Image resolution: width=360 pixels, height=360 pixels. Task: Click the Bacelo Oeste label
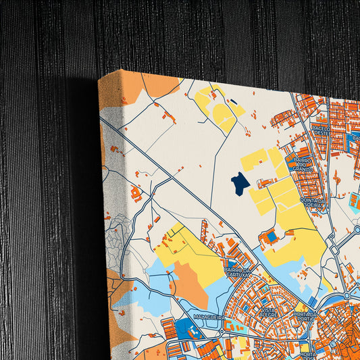tap(321, 129)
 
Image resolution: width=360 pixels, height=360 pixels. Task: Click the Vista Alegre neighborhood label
tap(251, 309)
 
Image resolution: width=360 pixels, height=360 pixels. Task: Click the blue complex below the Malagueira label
tap(189, 330)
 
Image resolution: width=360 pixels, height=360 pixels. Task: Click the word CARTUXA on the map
tap(238, 274)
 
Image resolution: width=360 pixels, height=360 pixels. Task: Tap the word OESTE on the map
tap(321, 133)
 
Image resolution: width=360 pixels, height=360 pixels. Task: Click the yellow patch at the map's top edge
tap(217, 108)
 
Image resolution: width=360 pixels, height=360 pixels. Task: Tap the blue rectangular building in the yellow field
tap(272, 236)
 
